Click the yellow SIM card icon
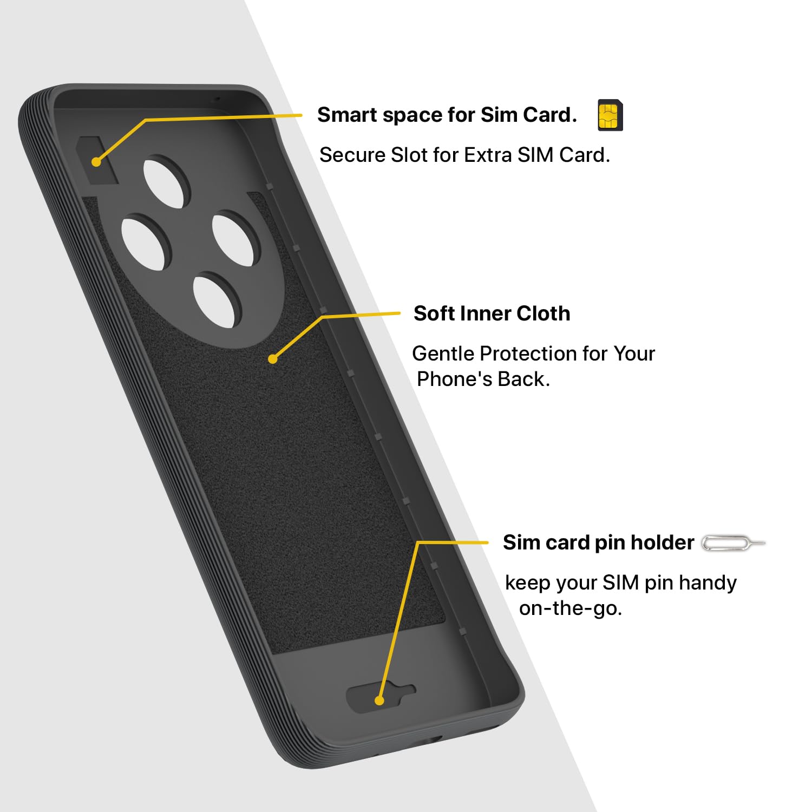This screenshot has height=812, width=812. pyautogui.click(x=610, y=115)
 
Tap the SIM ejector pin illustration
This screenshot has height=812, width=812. pyautogui.click(x=734, y=543)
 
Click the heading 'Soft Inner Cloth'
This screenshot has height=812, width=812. pyautogui.click(x=492, y=313)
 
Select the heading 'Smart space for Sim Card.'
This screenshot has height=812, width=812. pyautogui.click(x=447, y=115)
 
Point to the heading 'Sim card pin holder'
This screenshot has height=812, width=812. pyautogui.click(x=598, y=542)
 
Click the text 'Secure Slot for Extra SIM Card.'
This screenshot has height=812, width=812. pyautogui.click(x=464, y=155)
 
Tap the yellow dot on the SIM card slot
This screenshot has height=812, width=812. pyautogui.click(x=96, y=161)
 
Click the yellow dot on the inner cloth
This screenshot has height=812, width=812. pyautogui.click(x=273, y=358)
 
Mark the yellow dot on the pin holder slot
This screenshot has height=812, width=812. pyautogui.click(x=379, y=700)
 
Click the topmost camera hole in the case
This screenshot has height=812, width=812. pyautogui.click(x=167, y=182)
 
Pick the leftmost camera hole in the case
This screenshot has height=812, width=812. pyautogui.click(x=146, y=241)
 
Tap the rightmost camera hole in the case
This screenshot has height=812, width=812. pyautogui.click(x=237, y=240)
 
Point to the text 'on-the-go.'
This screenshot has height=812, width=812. pyautogui.click(x=571, y=608)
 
